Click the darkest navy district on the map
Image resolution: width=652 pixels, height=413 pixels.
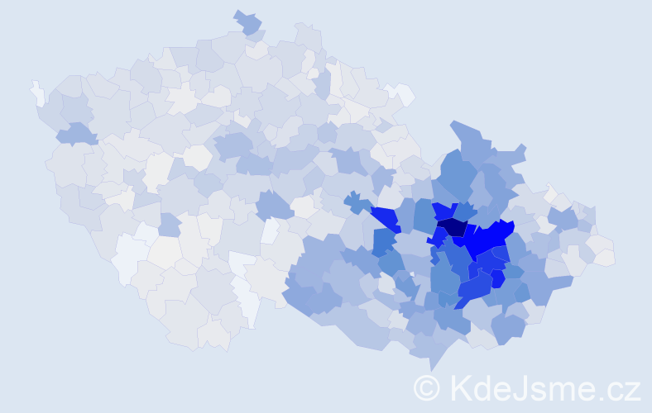452,226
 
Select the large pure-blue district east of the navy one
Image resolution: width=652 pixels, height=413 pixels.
488,239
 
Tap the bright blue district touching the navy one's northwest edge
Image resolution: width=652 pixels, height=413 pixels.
443,211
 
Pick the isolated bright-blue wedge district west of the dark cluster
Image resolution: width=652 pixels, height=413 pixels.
385,219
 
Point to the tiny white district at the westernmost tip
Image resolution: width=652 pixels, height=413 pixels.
38,92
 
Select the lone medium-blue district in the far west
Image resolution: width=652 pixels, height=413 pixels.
75,133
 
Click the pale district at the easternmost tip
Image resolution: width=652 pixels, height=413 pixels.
605,257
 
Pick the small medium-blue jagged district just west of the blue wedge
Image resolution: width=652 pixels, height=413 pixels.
357,202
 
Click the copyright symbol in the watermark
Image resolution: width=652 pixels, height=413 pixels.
427,387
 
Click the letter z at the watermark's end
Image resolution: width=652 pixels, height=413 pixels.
633,391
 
